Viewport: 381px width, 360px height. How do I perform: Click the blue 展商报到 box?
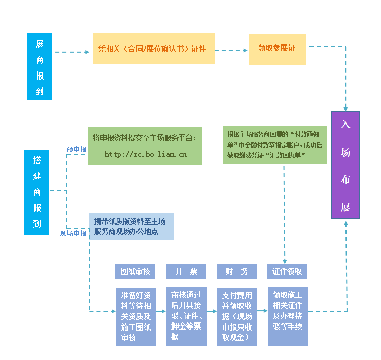pyautogui.click(x=40, y=66)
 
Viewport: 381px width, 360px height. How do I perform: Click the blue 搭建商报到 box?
pyautogui.click(x=37, y=192)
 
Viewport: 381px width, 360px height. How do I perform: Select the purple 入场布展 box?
pyautogui.click(x=345, y=165)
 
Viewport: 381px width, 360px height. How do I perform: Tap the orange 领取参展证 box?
pyautogui.click(x=278, y=49)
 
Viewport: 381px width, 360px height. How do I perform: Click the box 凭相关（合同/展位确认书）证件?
pyautogui.click(x=153, y=49)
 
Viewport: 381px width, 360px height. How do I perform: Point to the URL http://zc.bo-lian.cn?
pyautogui.click(x=145, y=154)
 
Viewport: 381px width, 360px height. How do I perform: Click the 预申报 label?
pyautogui.click(x=76, y=150)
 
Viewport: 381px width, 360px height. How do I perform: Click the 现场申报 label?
pyautogui.click(x=73, y=234)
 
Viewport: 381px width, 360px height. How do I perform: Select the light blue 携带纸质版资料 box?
pyautogui.click(x=131, y=227)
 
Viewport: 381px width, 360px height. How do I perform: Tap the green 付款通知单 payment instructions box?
pyautogui.click(x=274, y=145)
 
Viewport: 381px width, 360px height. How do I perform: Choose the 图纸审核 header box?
pyautogui.click(x=135, y=272)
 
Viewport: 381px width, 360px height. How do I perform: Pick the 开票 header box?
pyautogui.click(x=186, y=272)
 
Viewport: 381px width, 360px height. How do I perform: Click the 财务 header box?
pyautogui.click(x=237, y=272)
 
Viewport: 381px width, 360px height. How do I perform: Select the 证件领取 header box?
pyautogui.click(x=287, y=272)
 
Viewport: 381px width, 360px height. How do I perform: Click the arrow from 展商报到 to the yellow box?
pyautogui.click(x=72, y=52)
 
